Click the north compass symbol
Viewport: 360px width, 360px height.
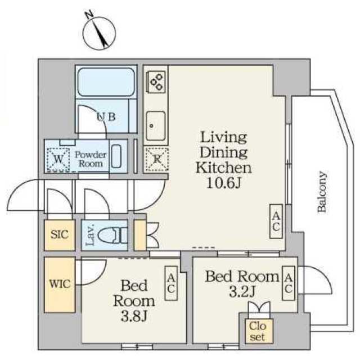[99, 33]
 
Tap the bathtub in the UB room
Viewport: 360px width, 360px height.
[106, 82]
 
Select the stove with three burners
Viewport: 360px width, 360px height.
[156, 82]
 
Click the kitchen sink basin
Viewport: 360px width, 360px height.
[156, 126]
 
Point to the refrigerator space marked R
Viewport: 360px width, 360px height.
[157, 159]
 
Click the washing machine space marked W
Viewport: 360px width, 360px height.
[58, 159]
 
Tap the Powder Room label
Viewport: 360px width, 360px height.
[91, 159]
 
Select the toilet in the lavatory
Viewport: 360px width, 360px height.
[112, 236]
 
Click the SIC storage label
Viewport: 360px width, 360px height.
[60, 235]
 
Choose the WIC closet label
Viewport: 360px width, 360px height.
[60, 284]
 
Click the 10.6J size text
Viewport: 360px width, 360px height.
[224, 183]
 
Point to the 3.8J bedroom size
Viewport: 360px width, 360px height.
[134, 317]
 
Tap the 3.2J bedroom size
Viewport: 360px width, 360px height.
[242, 292]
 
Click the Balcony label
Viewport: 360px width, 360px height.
[322, 191]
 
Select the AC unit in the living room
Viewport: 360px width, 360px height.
[276, 221]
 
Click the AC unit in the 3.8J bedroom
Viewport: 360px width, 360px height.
[171, 283]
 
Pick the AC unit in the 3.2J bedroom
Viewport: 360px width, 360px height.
[289, 283]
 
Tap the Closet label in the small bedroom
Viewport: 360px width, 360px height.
[258, 331]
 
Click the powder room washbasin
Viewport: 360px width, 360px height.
[116, 156]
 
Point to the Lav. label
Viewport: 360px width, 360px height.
[90, 235]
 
